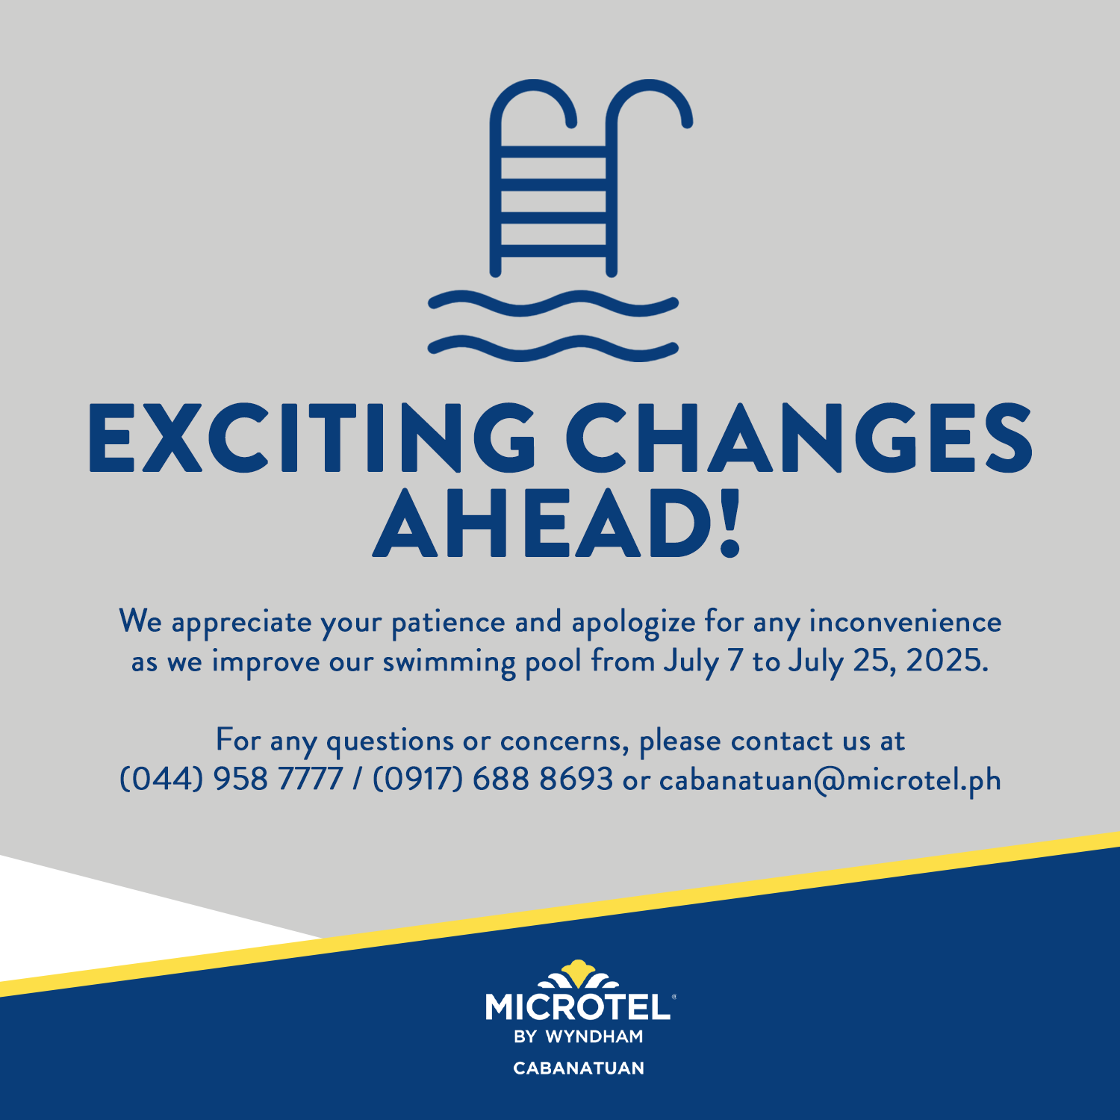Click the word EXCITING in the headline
coord(312,438)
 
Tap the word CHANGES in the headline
coord(799,438)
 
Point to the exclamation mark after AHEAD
coord(729,524)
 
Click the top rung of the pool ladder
coord(553,152)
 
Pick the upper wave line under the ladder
coord(553,303)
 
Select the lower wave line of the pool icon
coord(553,348)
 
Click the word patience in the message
coord(449,623)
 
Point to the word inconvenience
coord(905,621)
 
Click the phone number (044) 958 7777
coord(231,780)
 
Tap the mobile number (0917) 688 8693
coord(493,780)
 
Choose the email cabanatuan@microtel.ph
coord(830,780)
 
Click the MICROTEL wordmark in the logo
coord(578,1007)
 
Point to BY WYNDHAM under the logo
coord(579,1037)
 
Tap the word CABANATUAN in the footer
coord(579,1068)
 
